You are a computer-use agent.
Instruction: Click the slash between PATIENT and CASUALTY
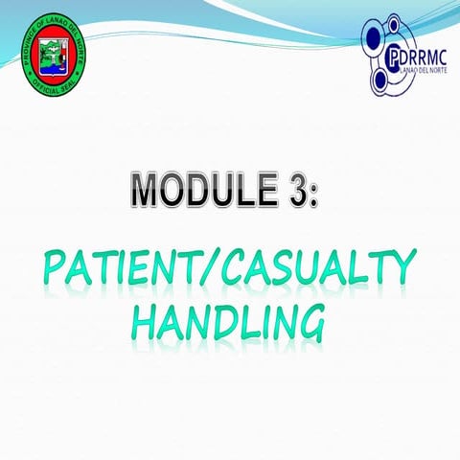212,270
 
